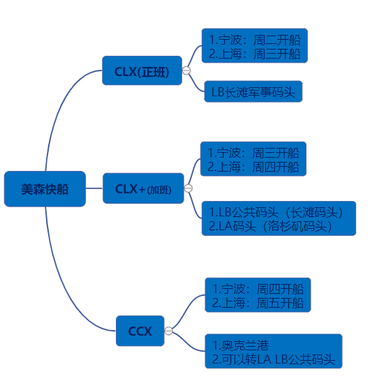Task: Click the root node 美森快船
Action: coord(45,189)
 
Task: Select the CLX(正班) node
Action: coord(142,70)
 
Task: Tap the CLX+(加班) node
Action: coord(143,188)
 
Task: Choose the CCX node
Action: coord(140,331)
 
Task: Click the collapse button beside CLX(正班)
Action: coord(186,70)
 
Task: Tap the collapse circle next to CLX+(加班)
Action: coord(188,188)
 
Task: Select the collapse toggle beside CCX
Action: coord(168,331)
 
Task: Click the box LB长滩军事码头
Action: coord(253,91)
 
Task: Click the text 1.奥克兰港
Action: coord(240,345)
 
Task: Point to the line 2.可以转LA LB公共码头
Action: coord(274,359)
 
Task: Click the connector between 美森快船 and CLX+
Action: coord(94,188)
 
